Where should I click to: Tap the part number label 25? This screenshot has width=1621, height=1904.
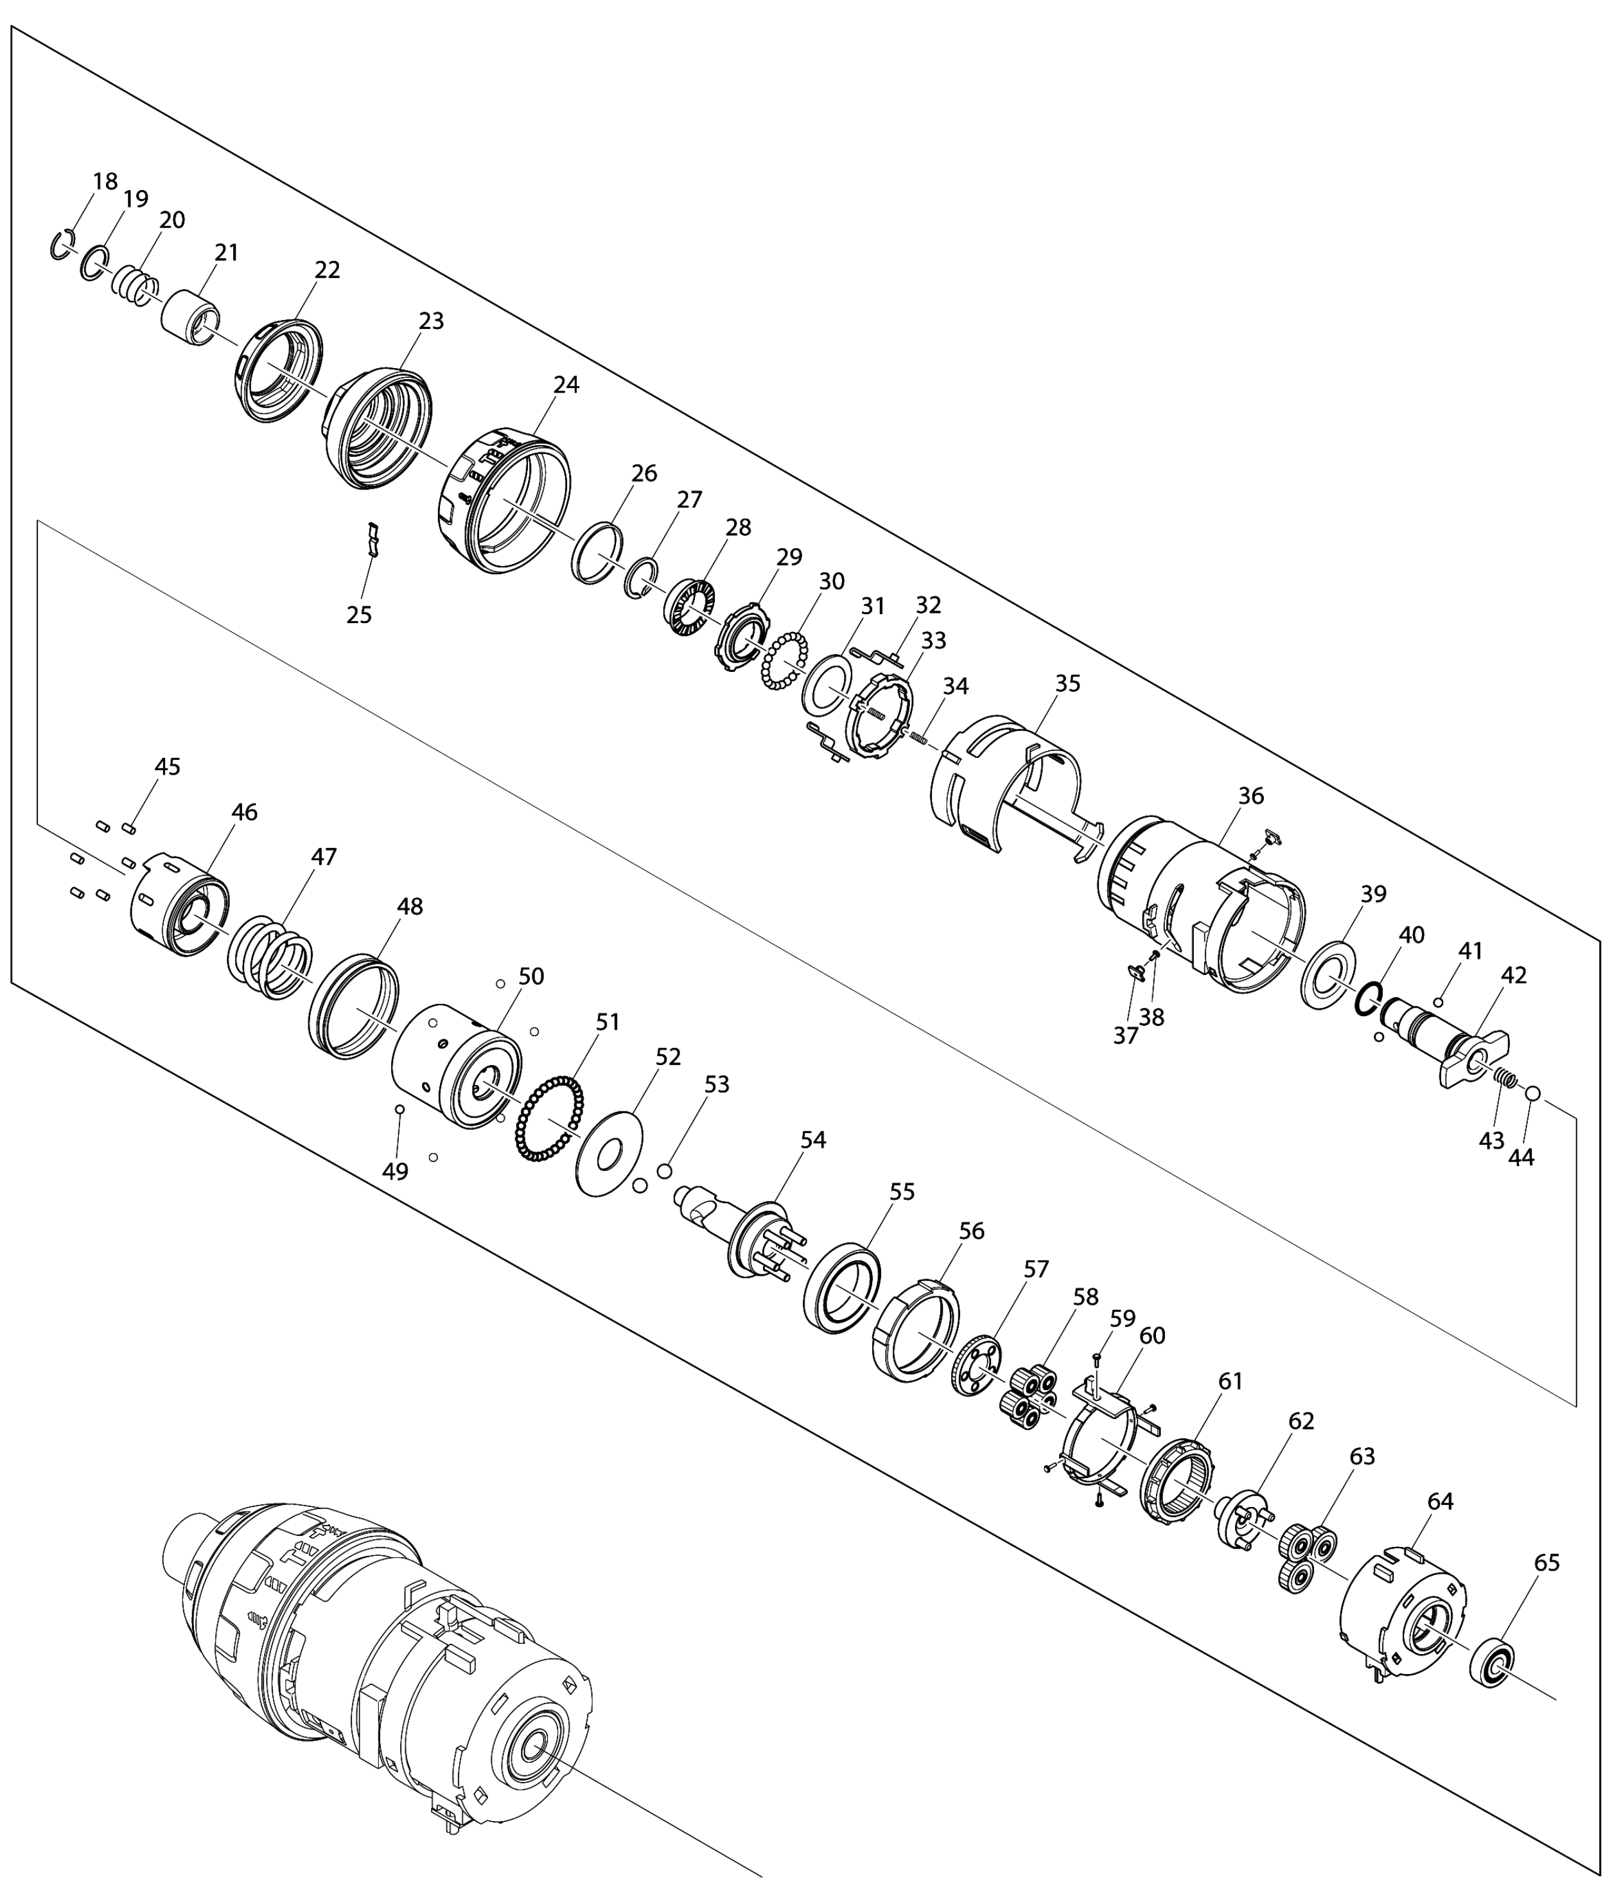click(x=359, y=615)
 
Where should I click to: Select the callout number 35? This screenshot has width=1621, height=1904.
click(x=1068, y=683)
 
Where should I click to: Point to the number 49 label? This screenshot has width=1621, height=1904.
click(x=395, y=1172)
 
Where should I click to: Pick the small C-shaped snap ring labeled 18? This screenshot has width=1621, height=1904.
click(x=62, y=245)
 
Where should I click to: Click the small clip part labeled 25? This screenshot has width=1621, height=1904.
click(x=373, y=540)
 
